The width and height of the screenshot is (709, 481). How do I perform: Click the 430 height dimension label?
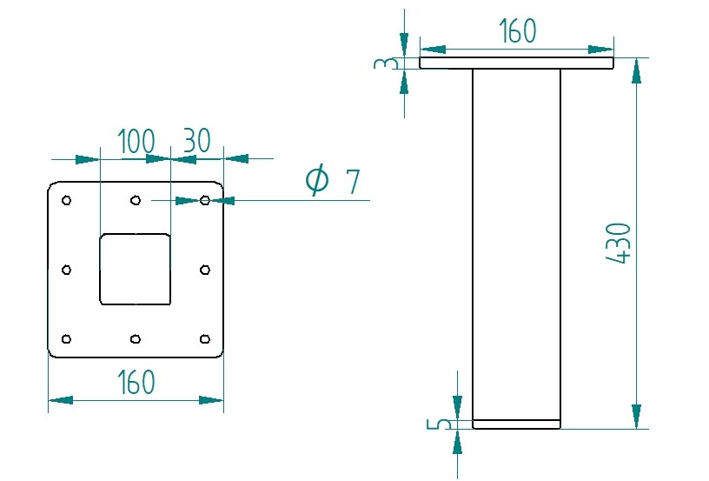click(x=618, y=243)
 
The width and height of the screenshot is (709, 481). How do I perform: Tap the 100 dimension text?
click(x=136, y=141)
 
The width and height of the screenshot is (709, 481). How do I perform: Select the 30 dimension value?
click(x=196, y=141)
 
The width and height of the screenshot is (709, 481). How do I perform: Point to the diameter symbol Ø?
click(x=317, y=180)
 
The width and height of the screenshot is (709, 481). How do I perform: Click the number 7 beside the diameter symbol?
click(x=352, y=182)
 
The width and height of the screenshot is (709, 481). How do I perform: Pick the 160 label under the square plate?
click(x=136, y=382)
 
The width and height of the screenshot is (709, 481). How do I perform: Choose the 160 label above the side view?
click(x=517, y=32)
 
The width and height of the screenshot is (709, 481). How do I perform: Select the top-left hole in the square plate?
click(x=67, y=201)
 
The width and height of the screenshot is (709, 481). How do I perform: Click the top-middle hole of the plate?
click(x=136, y=201)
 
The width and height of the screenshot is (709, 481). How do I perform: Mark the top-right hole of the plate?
click(x=204, y=201)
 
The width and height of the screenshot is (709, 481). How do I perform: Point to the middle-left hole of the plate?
click(x=67, y=270)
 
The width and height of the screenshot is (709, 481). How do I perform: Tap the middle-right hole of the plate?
click(x=204, y=270)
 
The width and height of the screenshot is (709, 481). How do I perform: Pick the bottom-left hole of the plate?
click(x=67, y=338)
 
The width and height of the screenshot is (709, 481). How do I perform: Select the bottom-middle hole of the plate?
click(x=136, y=338)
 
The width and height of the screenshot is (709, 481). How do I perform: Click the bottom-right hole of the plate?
click(x=204, y=338)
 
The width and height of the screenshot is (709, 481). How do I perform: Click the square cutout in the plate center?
click(x=136, y=270)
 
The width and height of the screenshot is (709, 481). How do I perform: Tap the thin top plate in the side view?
click(x=517, y=63)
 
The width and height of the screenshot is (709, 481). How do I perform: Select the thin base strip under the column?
click(x=517, y=424)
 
